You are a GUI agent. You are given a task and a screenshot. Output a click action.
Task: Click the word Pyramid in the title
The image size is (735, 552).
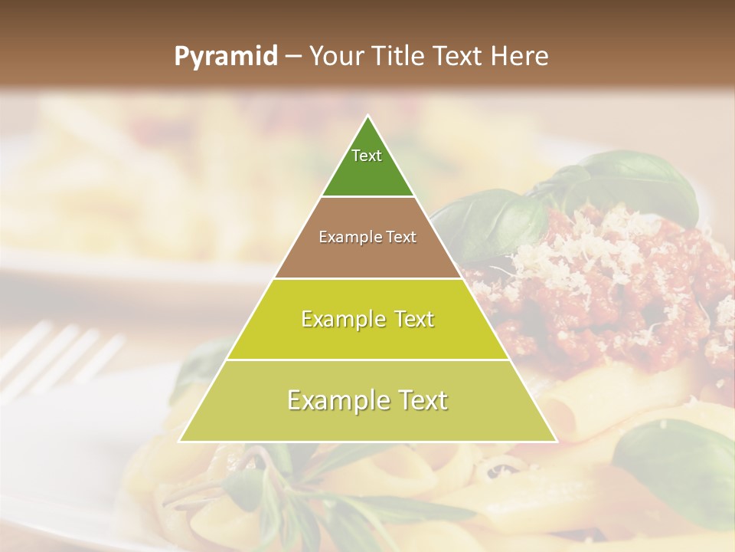[x=224, y=57]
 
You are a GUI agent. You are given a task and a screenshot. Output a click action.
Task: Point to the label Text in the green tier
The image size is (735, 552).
[x=367, y=156]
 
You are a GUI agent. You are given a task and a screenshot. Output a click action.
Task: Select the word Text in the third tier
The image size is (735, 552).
[x=410, y=319]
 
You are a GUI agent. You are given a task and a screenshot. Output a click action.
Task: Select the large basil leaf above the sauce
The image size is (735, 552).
[x=628, y=180]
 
